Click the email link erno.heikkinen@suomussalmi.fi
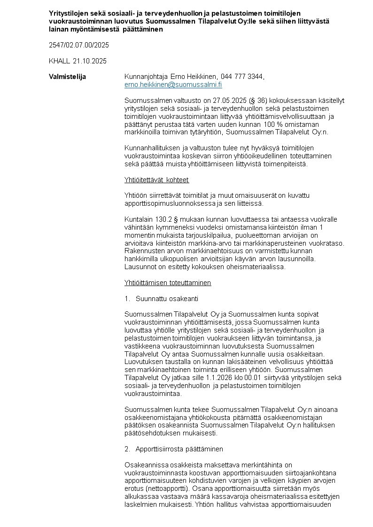click(173, 85)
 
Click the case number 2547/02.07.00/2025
click(79, 45)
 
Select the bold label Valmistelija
click(67, 77)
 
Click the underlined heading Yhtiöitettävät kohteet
click(156, 180)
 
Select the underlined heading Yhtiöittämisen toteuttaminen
click(168, 283)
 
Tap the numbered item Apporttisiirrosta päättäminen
click(179, 449)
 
